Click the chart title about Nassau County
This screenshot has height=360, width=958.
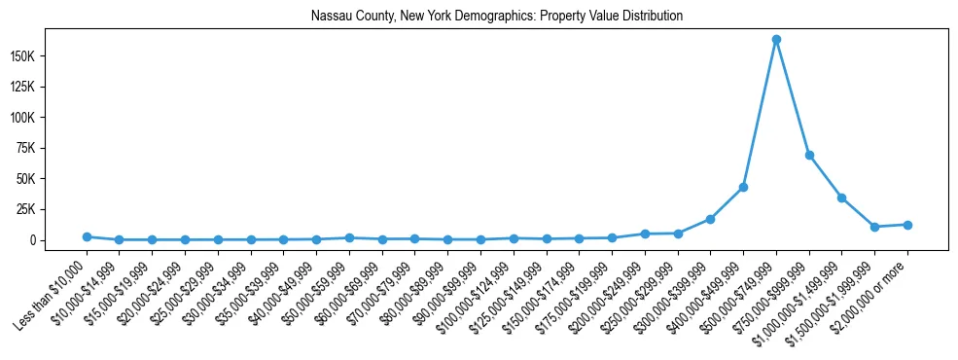(497, 17)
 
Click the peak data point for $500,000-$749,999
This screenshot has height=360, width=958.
(776, 40)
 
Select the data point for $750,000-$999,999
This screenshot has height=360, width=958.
(809, 156)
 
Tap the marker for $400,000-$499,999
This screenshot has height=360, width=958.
(743, 187)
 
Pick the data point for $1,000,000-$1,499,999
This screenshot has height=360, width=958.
(842, 198)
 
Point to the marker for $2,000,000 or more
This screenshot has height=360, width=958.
(907, 225)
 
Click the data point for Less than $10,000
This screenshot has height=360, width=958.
(87, 236)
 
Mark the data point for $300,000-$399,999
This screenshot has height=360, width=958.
(710, 219)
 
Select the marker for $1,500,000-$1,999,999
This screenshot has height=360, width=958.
(874, 227)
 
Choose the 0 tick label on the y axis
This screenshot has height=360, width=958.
(58, 240)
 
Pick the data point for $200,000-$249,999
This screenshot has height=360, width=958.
(645, 234)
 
